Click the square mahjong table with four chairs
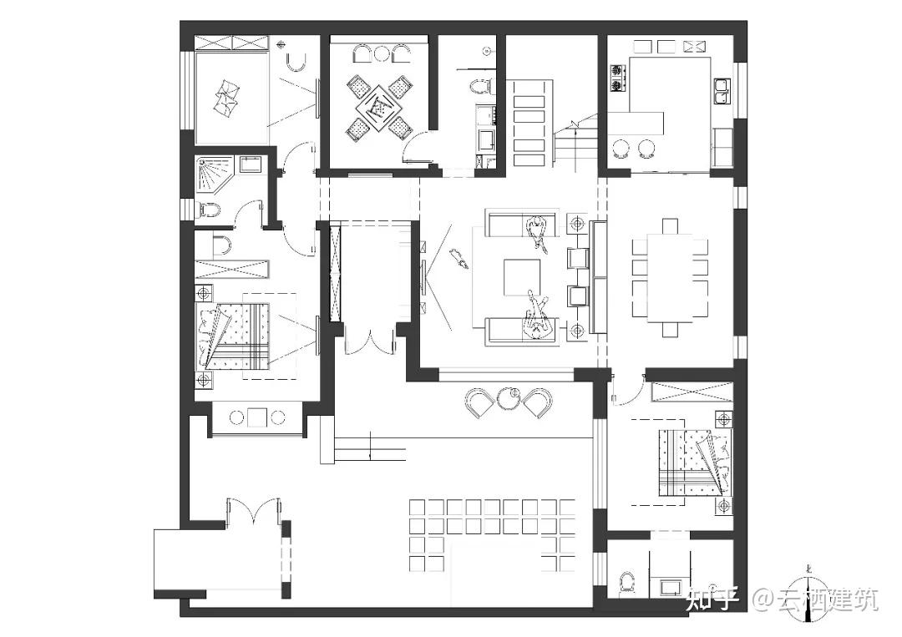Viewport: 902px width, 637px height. pyautogui.click(x=380, y=106)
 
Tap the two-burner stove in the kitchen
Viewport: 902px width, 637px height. pyautogui.click(x=619, y=78)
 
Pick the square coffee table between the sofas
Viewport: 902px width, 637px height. pyautogui.click(x=523, y=276)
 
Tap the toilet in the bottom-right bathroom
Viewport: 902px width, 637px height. pyautogui.click(x=628, y=582)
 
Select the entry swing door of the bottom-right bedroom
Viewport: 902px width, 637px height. pyautogui.click(x=627, y=389)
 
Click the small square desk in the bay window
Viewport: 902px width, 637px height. pyautogui.click(x=256, y=417)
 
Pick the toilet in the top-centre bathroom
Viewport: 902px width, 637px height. pyautogui.click(x=479, y=85)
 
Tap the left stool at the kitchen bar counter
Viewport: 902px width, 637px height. pyautogui.click(x=621, y=148)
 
